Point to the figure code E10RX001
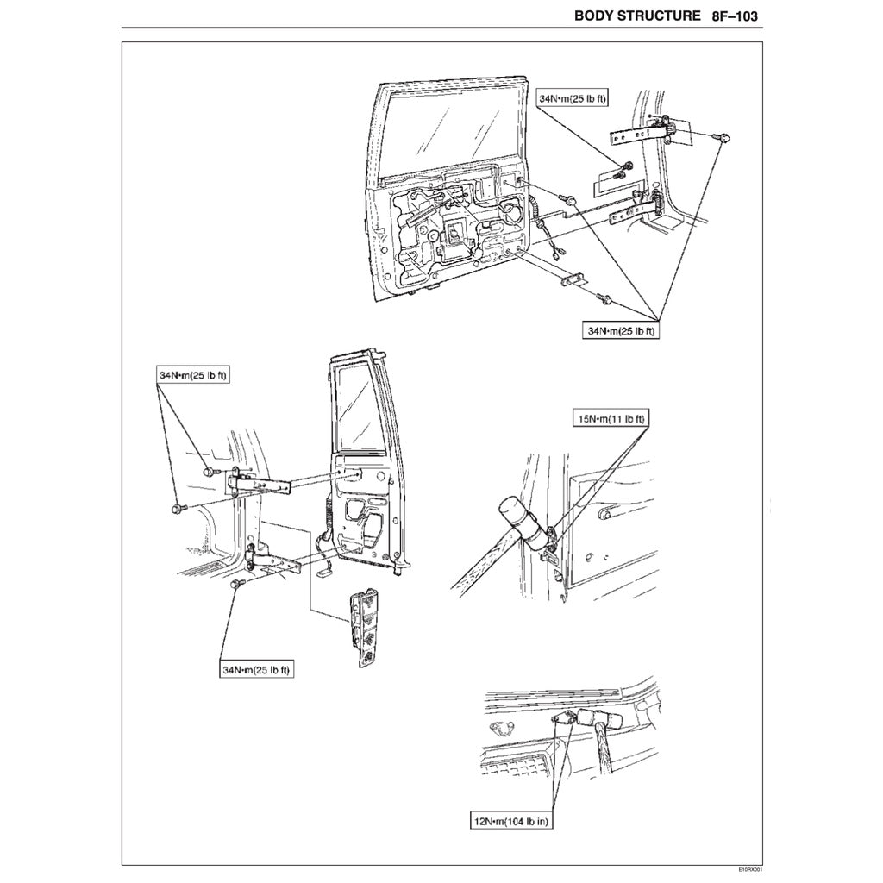(x=751, y=871)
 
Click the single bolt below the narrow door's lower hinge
(x=237, y=585)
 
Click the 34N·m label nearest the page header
(x=573, y=99)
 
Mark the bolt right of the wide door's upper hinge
(x=723, y=137)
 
